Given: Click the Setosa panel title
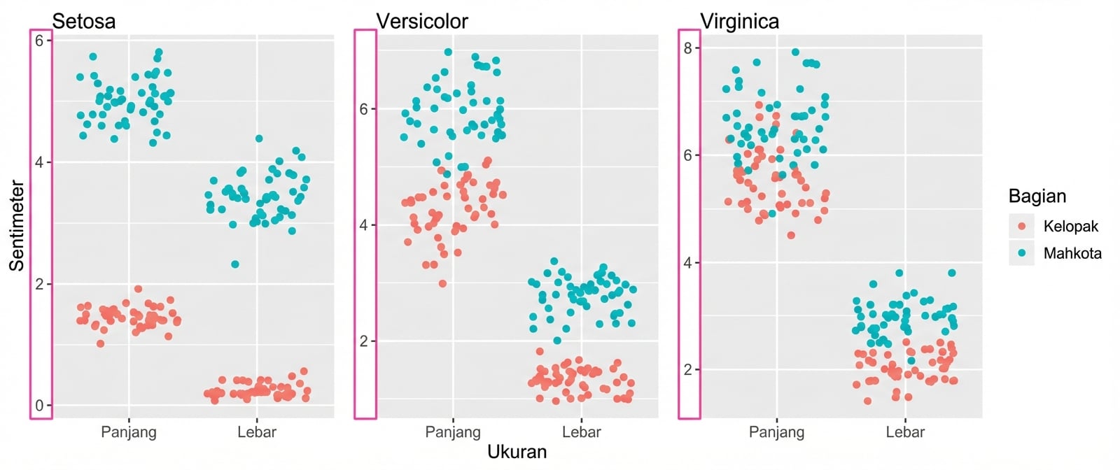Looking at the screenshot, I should click(83, 21).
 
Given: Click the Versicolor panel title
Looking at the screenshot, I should click(422, 21).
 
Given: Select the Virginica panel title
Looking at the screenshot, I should click(739, 21).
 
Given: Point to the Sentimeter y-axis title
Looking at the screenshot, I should click(17, 226).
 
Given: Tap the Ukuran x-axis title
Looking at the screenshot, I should click(517, 451).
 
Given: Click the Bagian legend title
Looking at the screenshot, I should click(1037, 196).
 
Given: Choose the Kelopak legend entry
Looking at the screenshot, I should click(1070, 226).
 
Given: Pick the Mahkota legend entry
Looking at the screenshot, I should click(1072, 253).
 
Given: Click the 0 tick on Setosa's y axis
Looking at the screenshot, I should click(39, 406).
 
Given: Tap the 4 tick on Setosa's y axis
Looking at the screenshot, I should click(39, 162).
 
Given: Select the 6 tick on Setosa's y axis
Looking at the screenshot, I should click(39, 41).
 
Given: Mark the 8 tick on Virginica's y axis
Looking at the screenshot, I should click(688, 48).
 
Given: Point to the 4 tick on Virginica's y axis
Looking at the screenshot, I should click(688, 263).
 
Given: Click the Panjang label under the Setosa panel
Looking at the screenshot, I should click(129, 432).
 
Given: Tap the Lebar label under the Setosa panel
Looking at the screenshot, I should click(257, 432).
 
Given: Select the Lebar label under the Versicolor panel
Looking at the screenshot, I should click(581, 432).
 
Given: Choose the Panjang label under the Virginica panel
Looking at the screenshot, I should click(776, 432).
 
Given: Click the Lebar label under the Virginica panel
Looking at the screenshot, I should click(905, 432).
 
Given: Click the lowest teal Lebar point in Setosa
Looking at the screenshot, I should click(235, 264).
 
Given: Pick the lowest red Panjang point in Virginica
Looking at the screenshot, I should click(791, 235).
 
